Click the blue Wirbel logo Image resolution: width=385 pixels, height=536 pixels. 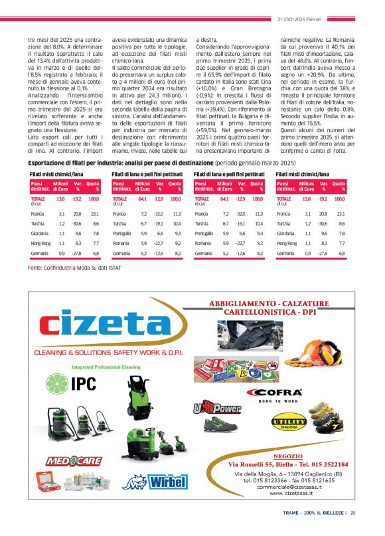coord(159,482)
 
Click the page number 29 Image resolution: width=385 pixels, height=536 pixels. coord(353,512)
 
